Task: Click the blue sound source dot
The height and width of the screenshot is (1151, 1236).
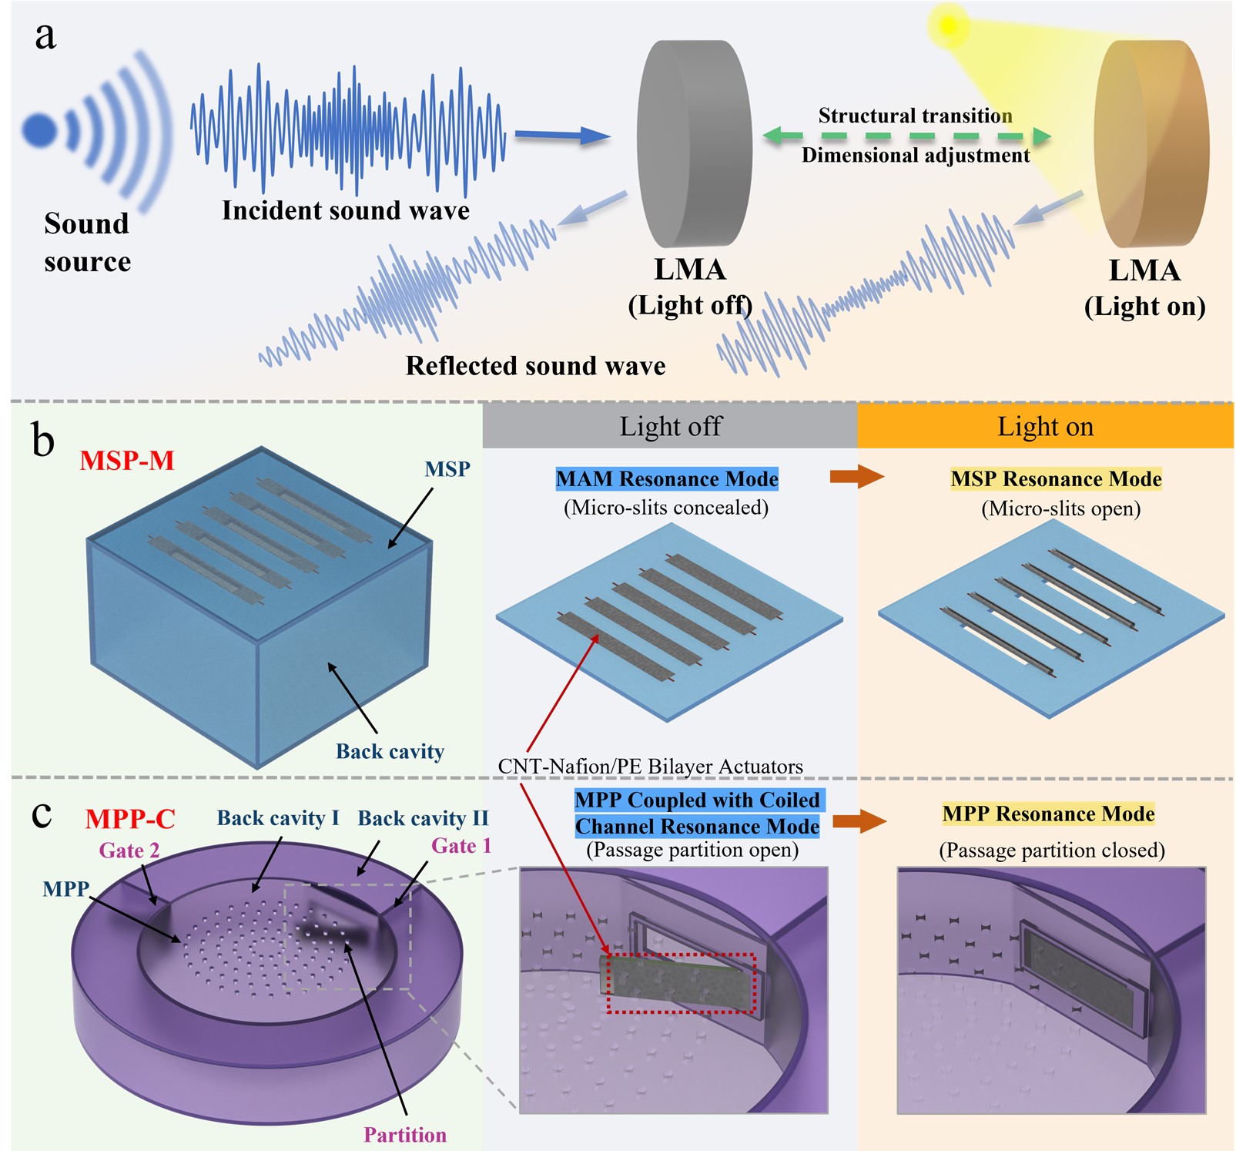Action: (39, 130)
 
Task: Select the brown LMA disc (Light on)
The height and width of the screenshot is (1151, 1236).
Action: (1151, 144)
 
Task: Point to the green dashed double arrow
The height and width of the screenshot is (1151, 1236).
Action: (906, 136)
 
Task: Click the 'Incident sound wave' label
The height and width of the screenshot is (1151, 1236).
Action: (346, 210)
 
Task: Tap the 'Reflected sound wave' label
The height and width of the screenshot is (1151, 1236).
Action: (535, 365)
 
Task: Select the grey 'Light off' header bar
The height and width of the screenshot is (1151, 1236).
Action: (670, 426)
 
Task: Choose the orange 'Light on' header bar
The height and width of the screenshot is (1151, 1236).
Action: (1045, 426)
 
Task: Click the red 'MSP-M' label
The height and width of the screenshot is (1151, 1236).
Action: (127, 461)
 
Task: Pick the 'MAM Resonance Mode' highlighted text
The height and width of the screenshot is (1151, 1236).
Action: (667, 479)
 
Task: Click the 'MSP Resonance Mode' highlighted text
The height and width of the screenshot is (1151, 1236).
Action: (1056, 479)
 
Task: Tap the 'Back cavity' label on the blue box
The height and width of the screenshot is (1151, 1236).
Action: (390, 751)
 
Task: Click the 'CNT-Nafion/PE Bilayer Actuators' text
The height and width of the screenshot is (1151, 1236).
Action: (650, 767)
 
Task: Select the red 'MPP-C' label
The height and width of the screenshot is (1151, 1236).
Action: (130, 819)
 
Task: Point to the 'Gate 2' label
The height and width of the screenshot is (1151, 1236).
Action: (129, 851)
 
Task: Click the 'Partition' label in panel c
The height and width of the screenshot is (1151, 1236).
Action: (405, 1135)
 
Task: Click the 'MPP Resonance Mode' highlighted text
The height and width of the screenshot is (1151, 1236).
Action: (1048, 814)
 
